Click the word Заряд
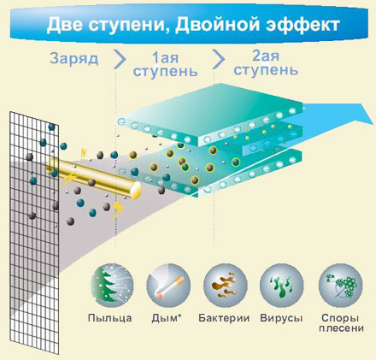(74, 59)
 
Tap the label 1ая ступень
(165, 65)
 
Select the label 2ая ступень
(266, 63)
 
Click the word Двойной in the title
(217, 25)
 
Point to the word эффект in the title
(303, 25)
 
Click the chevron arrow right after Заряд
(120, 59)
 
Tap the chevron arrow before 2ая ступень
(219, 59)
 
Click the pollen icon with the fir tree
(112, 286)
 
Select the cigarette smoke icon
(168, 286)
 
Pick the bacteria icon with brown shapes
(226, 286)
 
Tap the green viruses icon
(282, 286)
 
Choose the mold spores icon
(341, 286)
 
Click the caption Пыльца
(110, 318)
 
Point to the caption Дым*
(167, 318)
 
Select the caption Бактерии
(224, 318)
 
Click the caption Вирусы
(281, 318)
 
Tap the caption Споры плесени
(341, 323)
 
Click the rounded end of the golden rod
(136, 190)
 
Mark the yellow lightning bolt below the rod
(117, 210)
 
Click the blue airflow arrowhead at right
(361, 115)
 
